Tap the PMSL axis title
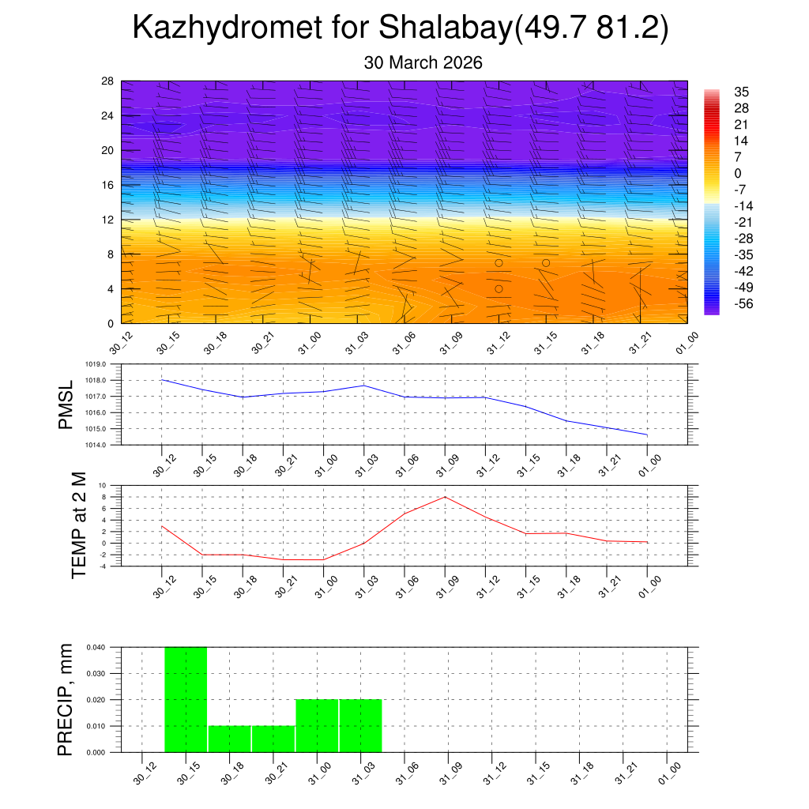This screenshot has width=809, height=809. point(66,404)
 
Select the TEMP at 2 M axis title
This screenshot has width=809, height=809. point(79,525)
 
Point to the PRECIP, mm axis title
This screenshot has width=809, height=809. point(66,699)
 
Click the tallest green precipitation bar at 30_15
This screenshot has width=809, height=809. point(186,699)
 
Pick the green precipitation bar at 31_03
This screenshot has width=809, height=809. point(360,725)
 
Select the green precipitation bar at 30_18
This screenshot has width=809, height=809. point(229,739)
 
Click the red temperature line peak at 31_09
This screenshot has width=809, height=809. point(446,497)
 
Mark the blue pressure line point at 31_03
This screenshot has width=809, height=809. point(364,386)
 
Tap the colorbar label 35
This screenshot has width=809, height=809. point(741,92)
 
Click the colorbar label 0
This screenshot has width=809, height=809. point(738,174)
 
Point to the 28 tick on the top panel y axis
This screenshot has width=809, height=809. point(108,81)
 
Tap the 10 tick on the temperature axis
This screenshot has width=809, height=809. point(103,485)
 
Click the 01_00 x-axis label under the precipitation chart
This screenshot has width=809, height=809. point(669,772)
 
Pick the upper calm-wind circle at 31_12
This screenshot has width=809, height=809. point(499,263)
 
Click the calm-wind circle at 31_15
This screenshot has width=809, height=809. point(546,263)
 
